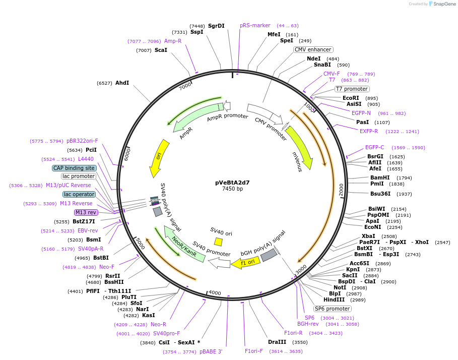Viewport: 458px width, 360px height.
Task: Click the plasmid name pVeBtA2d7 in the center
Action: click(232, 182)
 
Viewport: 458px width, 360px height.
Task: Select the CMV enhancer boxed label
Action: click(313, 49)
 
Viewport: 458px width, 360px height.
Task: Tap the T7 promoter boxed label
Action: click(352, 89)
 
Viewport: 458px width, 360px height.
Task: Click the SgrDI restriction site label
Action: click(216, 26)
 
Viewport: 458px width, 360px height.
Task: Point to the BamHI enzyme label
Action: click(380, 177)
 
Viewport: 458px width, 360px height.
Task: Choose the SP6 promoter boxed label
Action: click(332, 309)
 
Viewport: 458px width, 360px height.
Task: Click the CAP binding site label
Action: click(74, 168)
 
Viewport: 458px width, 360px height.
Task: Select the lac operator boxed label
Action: click(79, 194)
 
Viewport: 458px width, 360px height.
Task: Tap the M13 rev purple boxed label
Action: click(86, 212)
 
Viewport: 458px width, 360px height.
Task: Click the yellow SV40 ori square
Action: click(218, 242)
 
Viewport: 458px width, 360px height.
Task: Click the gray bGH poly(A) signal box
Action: click(269, 255)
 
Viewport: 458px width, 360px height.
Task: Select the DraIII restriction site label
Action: click(277, 342)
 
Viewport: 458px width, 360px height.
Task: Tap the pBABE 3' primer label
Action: click(211, 351)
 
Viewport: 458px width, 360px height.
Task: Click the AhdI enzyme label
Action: click(122, 83)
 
